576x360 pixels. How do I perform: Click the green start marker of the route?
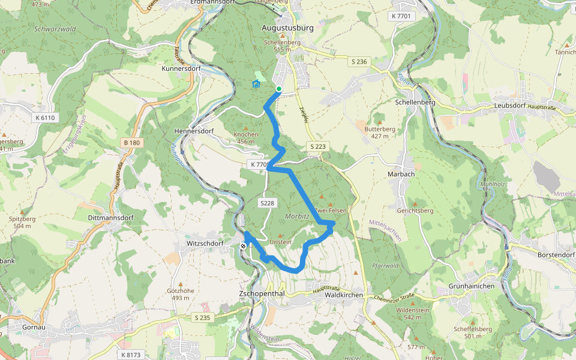tap(279, 89)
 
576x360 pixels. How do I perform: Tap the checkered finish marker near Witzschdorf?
tap(243, 246)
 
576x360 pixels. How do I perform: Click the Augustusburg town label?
tap(288, 28)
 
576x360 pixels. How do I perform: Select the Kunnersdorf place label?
tap(181, 69)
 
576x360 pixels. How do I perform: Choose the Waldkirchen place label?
tap(344, 295)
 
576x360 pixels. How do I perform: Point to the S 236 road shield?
tap(359, 62)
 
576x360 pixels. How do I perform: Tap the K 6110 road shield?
tap(45, 118)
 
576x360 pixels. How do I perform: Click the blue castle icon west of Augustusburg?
tap(256, 83)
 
